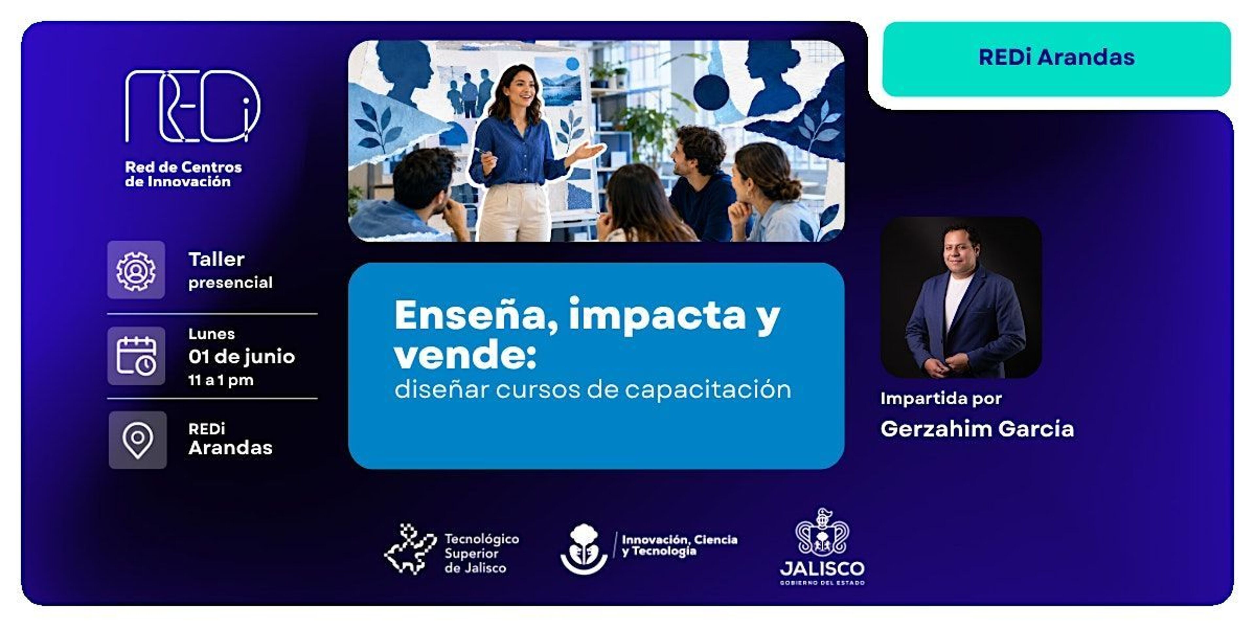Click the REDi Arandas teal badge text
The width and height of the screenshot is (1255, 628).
coord(1056,57)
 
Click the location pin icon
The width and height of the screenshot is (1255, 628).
coord(137,440)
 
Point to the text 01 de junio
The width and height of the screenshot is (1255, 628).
coord(242,357)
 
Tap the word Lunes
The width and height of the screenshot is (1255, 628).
coord(212,334)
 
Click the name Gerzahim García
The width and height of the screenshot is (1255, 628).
coord(977,428)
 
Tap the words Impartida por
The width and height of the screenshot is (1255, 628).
coord(941,399)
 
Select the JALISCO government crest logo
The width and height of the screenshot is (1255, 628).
coord(822,547)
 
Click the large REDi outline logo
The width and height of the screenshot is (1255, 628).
coord(192,106)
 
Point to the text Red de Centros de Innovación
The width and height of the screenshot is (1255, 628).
coord(183,174)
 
